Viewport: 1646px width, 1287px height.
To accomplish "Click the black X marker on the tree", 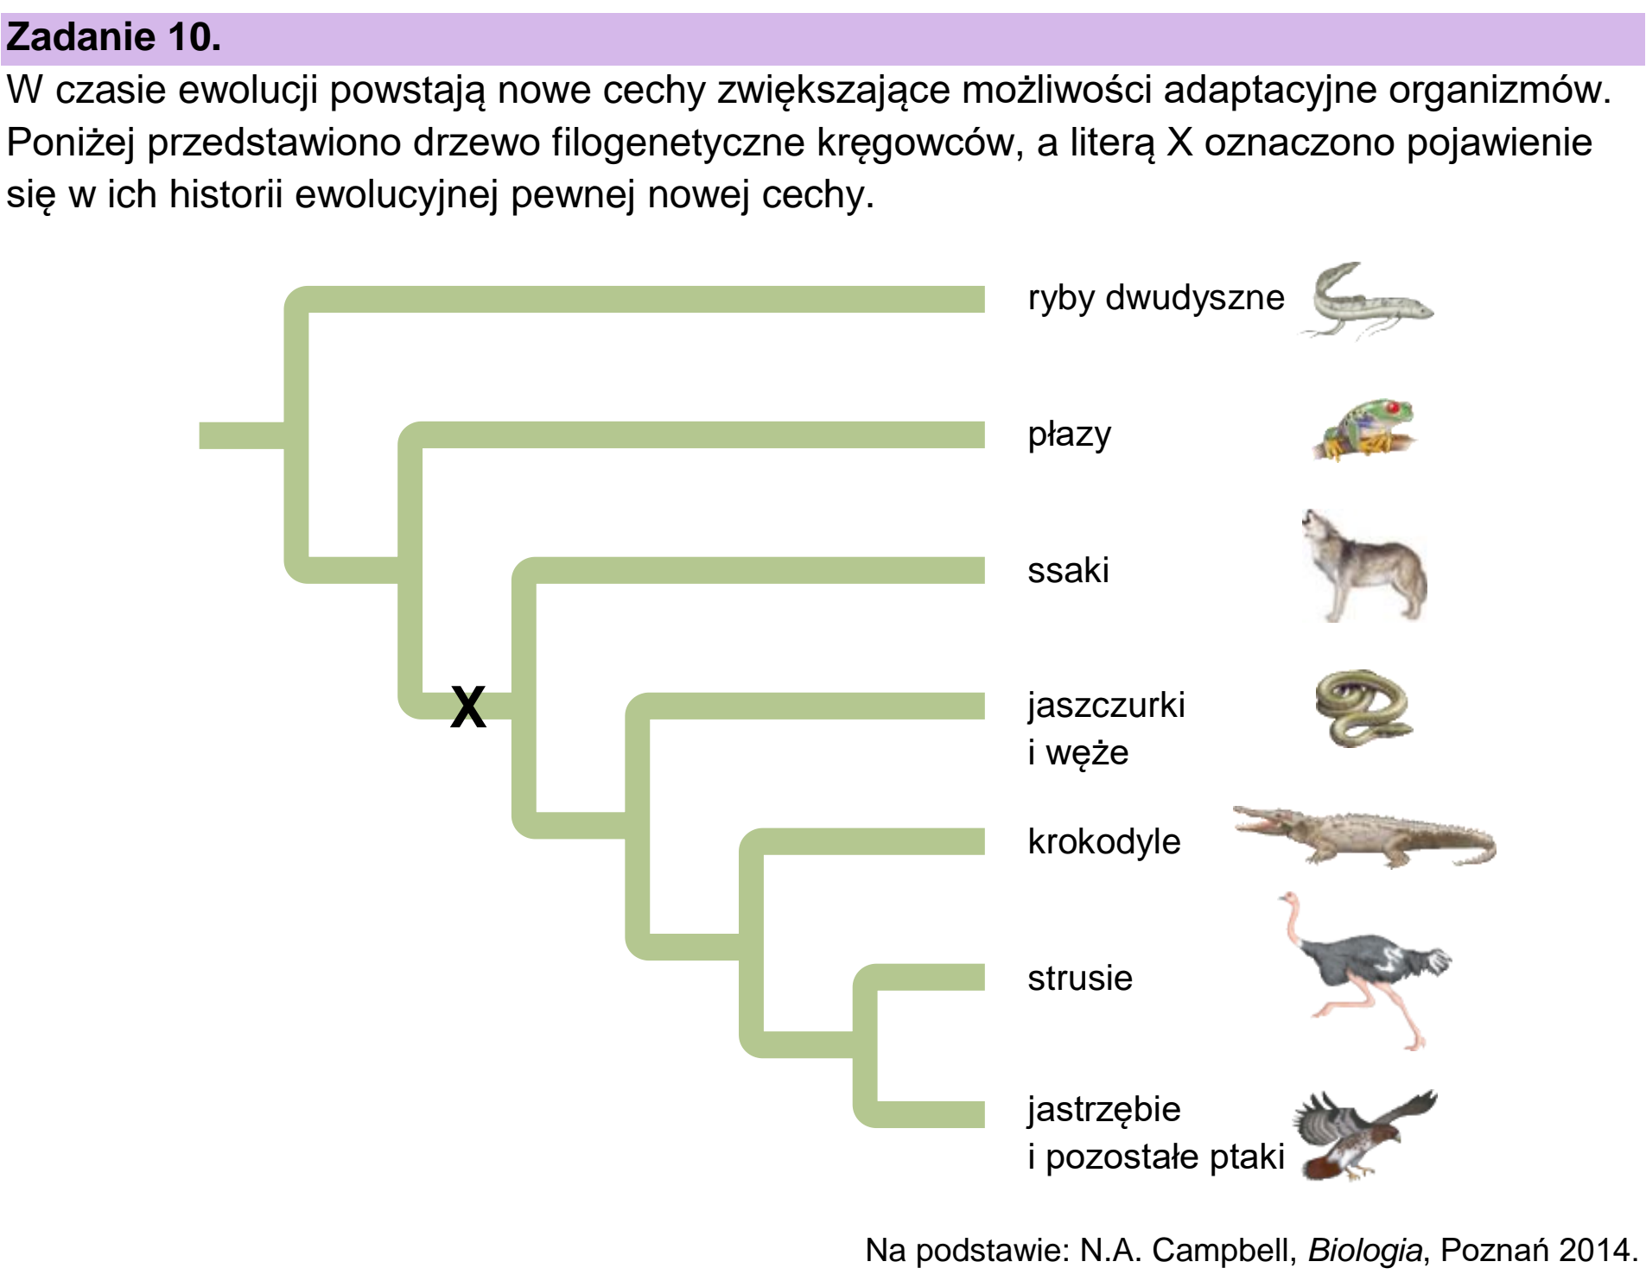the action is pos(468,707).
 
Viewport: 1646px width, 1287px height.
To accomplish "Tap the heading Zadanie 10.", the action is pos(113,37).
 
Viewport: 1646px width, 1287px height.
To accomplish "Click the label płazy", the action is pos(1069,434).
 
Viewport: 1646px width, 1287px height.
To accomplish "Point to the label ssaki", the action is pos(1068,570).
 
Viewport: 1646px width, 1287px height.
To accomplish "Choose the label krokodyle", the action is pos(1104,841).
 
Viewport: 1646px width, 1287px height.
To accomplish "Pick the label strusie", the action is pos(1080,978).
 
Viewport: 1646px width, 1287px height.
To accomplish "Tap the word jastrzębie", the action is pos(1104,1110).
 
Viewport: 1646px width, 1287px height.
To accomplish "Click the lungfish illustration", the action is pos(1365,301).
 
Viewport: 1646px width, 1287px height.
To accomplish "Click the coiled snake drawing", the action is pos(1363,708).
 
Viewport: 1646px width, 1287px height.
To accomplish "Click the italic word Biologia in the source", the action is pos(1364,1251).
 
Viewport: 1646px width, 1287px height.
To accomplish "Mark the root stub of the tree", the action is pos(242,435).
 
